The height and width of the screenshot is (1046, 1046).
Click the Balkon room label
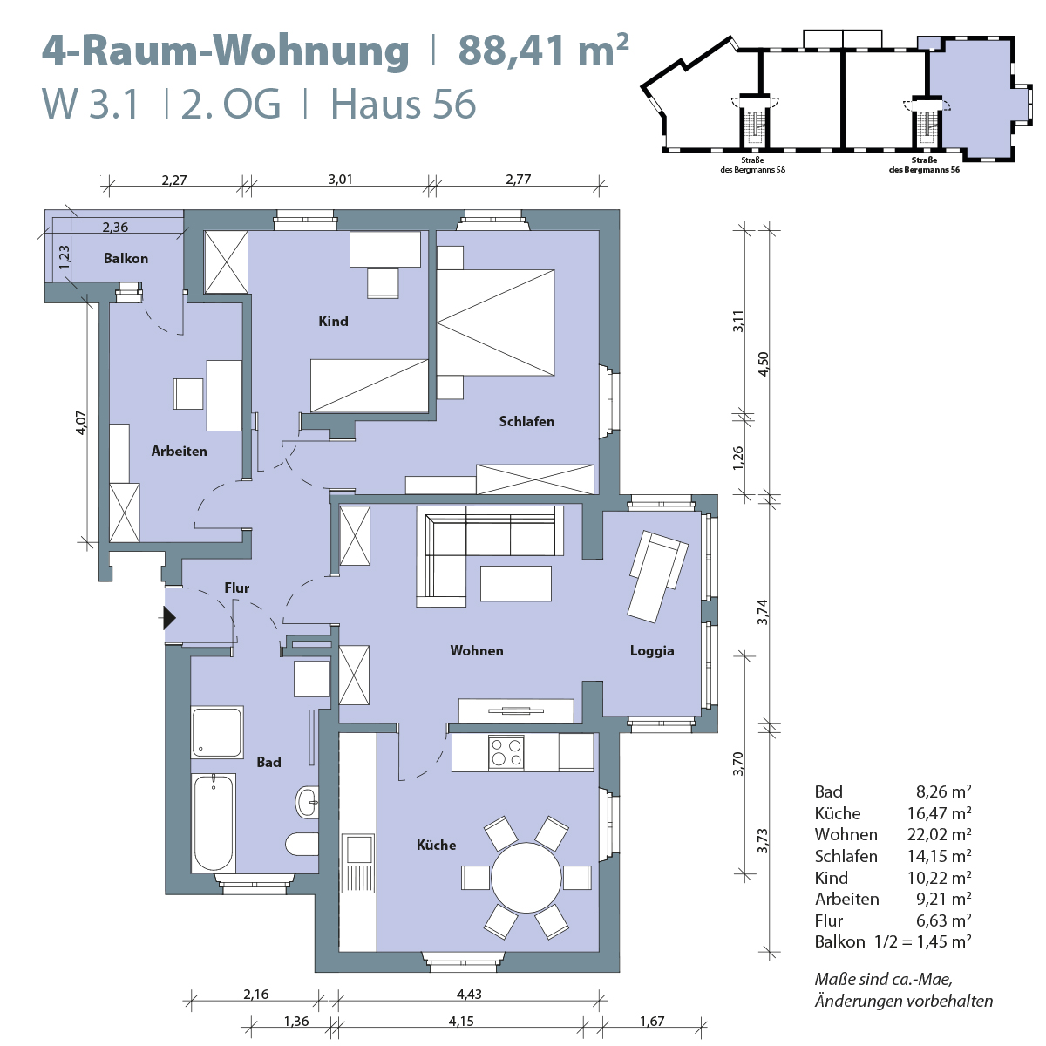(126, 258)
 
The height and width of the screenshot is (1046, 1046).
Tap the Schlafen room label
(526, 421)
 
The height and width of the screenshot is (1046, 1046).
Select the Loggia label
(652, 650)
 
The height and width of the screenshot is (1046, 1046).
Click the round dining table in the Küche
(526, 877)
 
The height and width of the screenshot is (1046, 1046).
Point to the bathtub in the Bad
(214, 822)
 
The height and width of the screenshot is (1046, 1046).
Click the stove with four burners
(506, 752)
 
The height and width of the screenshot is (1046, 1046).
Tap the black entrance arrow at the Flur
(169, 618)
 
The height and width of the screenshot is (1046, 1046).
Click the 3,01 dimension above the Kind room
(340, 180)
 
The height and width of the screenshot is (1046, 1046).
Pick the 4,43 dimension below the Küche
(469, 994)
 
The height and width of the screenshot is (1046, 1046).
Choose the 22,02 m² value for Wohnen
(939, 834)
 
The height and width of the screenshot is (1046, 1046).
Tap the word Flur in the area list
(829, 920)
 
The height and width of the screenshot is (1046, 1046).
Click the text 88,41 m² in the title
(543, 51)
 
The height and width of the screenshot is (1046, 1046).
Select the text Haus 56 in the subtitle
(404, 105)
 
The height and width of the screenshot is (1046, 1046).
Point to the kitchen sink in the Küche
(357, 848)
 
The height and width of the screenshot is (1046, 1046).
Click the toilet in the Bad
(302, 844)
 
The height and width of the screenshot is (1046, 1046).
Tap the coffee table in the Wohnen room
(515, 583)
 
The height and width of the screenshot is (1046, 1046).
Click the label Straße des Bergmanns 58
(752, 166)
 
